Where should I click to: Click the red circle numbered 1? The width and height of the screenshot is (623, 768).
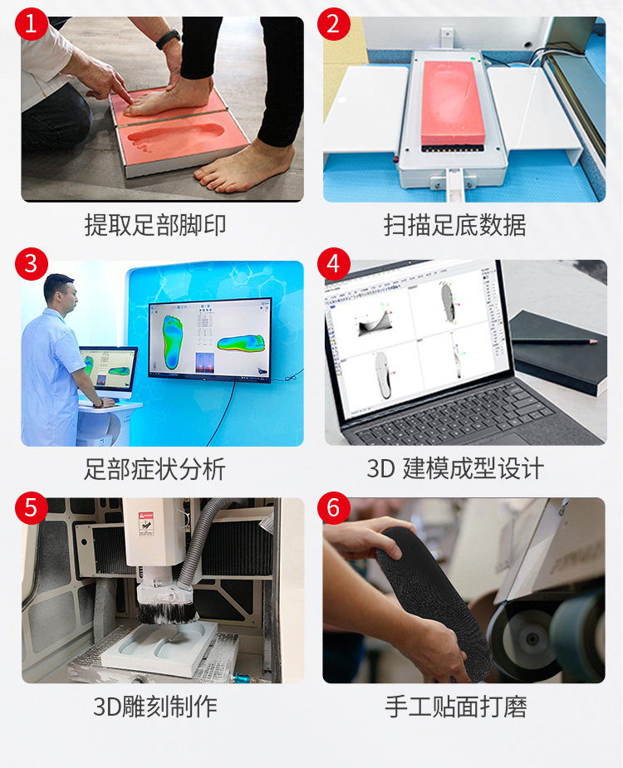31,23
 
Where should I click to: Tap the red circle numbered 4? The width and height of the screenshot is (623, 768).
333,264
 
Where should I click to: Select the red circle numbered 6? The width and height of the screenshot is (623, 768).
333,507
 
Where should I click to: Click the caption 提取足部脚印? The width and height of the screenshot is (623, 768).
155,225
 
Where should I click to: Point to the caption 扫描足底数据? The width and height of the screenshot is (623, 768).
454,225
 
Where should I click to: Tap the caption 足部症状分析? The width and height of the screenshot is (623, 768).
155,469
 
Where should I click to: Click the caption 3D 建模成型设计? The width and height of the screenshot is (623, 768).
455,469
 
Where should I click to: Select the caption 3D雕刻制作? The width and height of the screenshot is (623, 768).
155,707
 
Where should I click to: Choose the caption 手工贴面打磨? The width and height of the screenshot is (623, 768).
456,707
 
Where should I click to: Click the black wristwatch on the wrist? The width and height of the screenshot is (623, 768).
168,39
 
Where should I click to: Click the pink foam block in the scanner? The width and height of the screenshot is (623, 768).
454,102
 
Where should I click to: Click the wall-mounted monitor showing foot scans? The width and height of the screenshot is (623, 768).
210,340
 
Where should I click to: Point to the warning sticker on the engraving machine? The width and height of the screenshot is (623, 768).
146,522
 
